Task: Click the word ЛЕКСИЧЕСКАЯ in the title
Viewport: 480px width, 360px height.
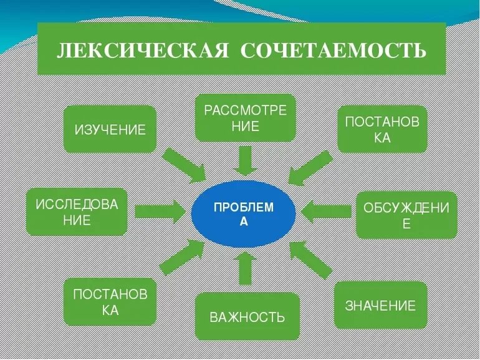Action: coord(142,51)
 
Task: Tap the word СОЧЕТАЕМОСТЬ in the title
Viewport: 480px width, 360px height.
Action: coord(333,51)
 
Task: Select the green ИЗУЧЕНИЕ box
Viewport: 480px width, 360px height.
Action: coord(110,130)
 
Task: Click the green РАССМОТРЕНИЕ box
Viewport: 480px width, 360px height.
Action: coord(244,118)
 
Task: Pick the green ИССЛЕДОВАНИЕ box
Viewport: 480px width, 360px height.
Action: coord(77,212)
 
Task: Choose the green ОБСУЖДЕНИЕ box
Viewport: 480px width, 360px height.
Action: coord(406,215)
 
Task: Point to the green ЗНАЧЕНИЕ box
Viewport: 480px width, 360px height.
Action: coord(380,306)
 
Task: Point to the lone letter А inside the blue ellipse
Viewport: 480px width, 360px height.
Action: coord(244,222)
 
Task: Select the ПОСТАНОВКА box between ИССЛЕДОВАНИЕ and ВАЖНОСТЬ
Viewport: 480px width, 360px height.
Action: coord(110,302)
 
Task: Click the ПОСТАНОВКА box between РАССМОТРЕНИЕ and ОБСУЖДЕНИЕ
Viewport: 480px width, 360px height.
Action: coord(382,129)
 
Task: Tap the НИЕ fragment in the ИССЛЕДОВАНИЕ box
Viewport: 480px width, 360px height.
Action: coord(77,220)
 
